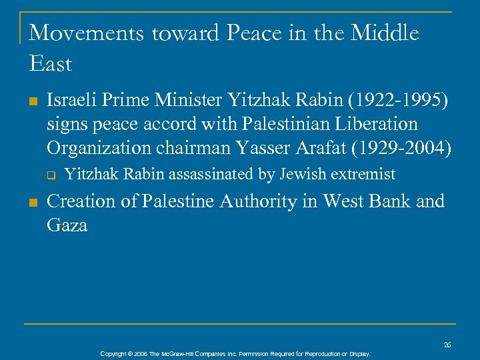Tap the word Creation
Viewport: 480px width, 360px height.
coord(78,202)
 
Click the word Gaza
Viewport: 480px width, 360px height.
coord(67,225)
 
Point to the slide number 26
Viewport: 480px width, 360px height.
coord(447,345)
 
